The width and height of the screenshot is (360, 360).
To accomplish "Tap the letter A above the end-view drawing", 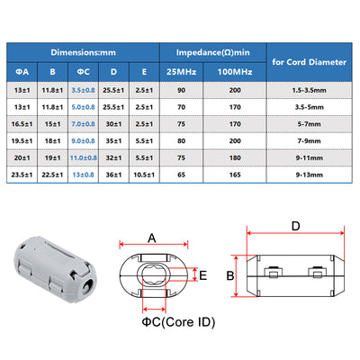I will pyautogui.click(x=152, y=238).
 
